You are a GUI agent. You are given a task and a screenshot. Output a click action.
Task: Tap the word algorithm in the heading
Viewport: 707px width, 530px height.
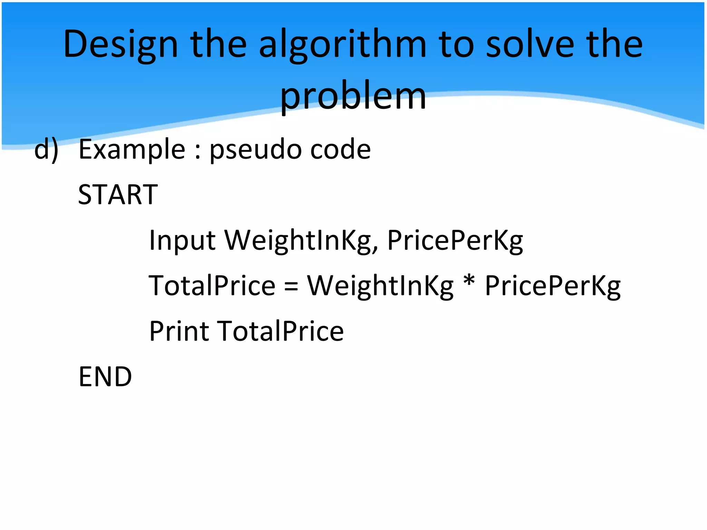coord(342,45)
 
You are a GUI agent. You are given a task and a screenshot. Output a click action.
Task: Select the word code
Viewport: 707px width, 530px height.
coord(340,149)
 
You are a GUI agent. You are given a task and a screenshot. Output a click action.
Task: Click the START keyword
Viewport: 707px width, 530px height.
coord(118,195)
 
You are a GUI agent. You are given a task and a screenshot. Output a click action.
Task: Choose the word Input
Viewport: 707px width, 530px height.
coord(182,241)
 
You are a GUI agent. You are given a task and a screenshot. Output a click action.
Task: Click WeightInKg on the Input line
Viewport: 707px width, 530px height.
coord(301,241)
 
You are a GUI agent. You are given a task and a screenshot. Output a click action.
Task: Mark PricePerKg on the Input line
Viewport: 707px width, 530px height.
coord(455,241)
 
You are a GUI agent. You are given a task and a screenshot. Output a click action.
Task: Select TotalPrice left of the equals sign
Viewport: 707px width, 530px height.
coord(212,286)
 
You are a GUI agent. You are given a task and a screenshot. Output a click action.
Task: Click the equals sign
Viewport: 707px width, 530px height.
coord(291,287)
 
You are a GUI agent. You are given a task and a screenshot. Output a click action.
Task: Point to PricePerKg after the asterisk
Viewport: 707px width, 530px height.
coord(553,286)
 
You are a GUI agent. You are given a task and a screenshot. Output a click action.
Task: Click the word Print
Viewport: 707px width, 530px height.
coord(179,331)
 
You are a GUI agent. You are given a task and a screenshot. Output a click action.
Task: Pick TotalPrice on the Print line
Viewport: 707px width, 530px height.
coord(280,331)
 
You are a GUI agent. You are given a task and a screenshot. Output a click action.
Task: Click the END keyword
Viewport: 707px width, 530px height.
coord(105,377)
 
